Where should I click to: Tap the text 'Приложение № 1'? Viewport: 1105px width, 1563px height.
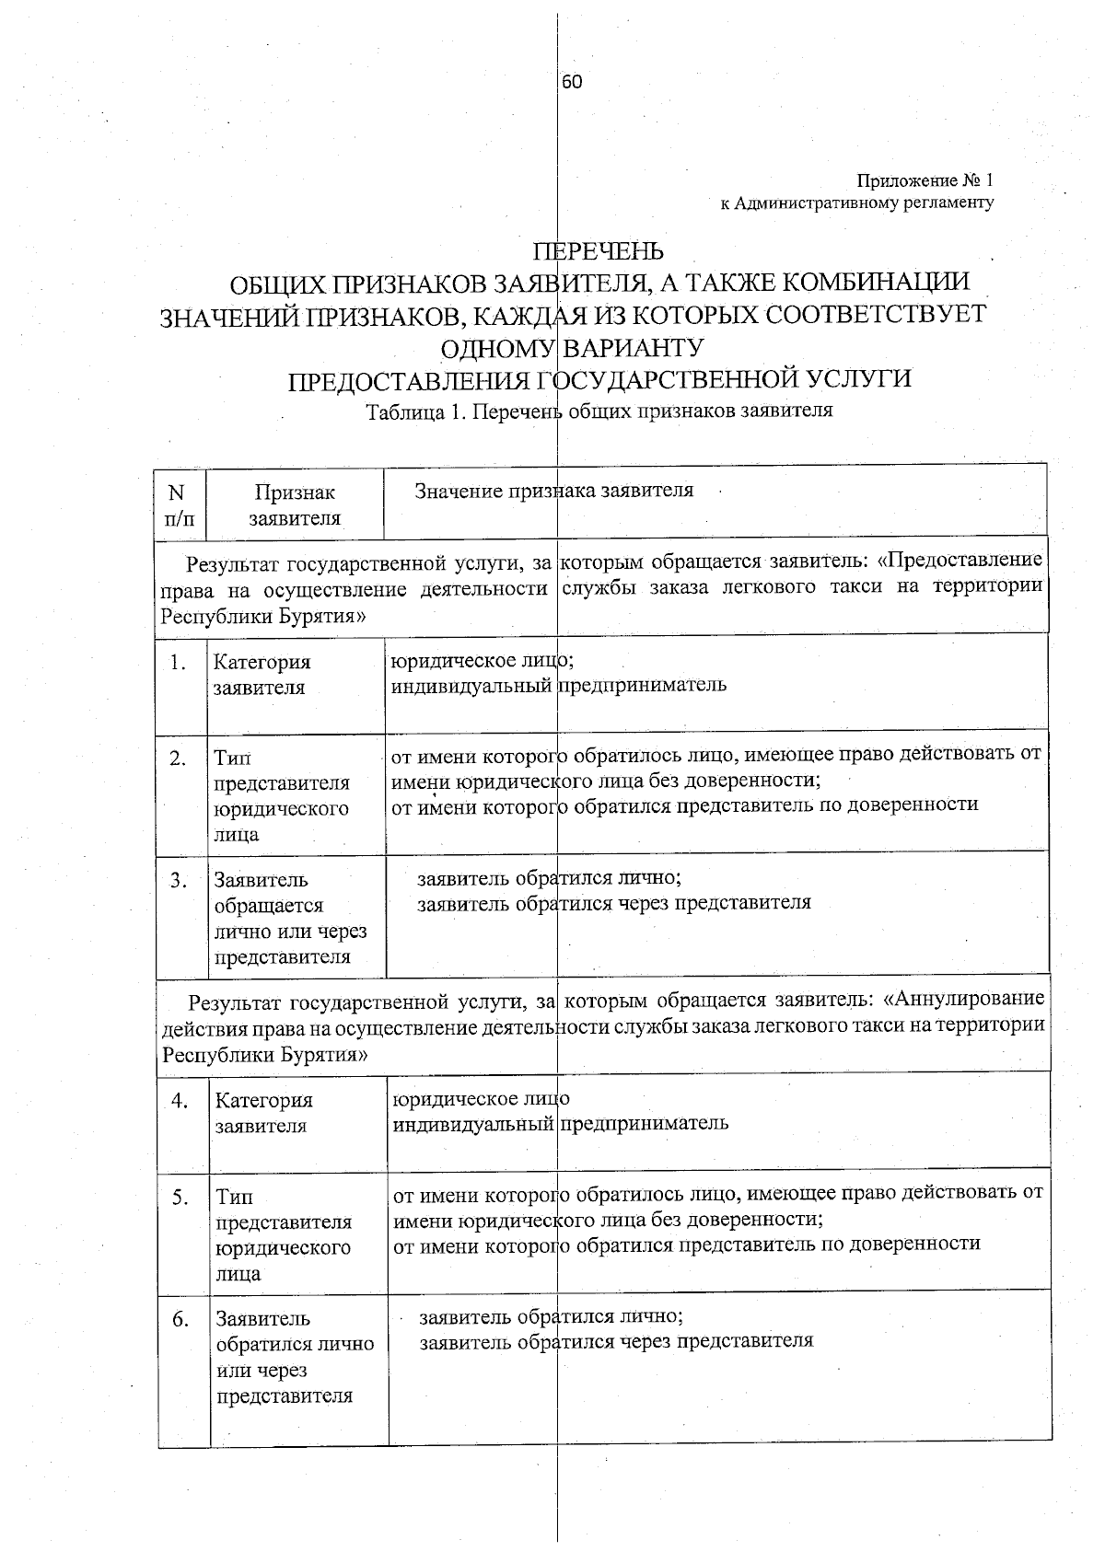pyautogui.click(x=925, y=180)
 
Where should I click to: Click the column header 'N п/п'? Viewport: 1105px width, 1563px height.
pyautogui.click(x=180, y=504)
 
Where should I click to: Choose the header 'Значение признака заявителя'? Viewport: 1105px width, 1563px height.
pyautogui.click(x=553, y=491)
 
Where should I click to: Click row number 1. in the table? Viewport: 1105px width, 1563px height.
pyautogui.click(x=180, y=662)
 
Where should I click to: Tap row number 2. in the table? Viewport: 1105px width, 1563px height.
pyautogui.click(x=180, y=758)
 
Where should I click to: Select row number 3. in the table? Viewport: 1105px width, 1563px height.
pyautogui.click(x=180, y=880)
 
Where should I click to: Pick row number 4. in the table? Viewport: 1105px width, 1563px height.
pyautogui.click(x=180, y=1100)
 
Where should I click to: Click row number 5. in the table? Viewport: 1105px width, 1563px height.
pyautogui.click(x=180, y=1198)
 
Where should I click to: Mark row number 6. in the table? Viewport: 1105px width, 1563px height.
pyautogui.click(x=180, y=1320)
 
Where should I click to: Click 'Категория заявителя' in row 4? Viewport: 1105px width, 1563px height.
pyautogui.click(x=263, y=1113)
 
